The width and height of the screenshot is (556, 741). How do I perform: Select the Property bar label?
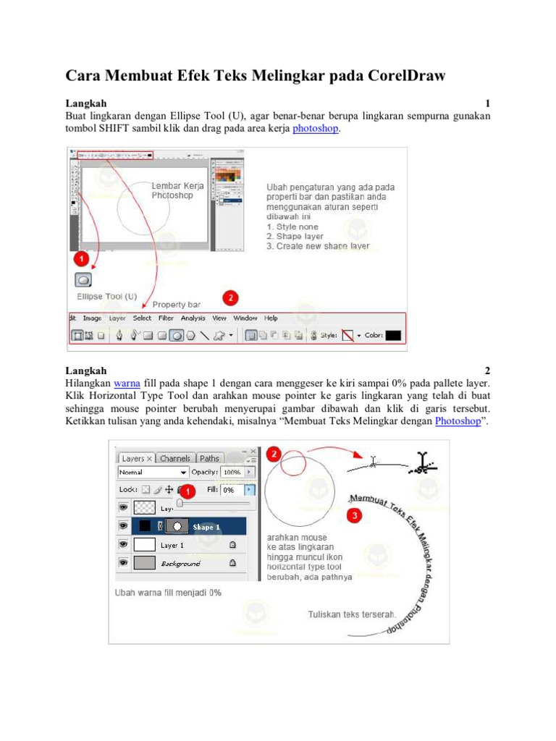tap(176, 305)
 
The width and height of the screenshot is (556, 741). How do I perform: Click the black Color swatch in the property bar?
tap(393, 336)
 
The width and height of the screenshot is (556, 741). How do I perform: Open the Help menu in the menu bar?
tap(271, 318)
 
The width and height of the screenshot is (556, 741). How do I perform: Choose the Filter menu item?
tap(167, 318)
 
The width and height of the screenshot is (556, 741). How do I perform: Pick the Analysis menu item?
tap(193, 318)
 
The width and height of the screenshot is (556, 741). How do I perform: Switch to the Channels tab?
tap(175, 458)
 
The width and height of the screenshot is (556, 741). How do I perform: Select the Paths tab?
tap(210, 458)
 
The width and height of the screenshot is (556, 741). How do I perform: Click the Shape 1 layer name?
tap(206, 527)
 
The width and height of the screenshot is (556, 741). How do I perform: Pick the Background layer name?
tap(180, 563)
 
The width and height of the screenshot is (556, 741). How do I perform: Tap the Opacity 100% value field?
tap(232, 472)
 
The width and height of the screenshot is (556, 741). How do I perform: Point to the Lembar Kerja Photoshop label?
tap(177, 190)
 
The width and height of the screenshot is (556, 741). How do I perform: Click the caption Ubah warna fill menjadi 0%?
tap(169, 592)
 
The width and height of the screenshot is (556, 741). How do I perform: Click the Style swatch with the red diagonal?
tap(347, 336)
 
